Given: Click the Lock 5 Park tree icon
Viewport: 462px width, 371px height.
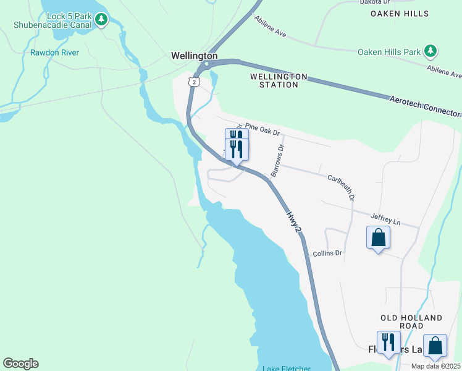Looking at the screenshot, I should [x=101, y=20].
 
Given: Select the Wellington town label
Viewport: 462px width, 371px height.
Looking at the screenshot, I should [x=194, y=56].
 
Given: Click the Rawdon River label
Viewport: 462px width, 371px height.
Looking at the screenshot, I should [x=54, y=53].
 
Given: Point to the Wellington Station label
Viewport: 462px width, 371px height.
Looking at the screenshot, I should [x=278, y=80].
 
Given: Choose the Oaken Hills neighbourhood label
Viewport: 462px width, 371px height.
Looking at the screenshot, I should [x=400, y=13].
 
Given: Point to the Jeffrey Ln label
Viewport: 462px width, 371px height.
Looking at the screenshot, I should [x=385, y=219].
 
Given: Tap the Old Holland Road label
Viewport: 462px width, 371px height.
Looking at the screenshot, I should [x=411, y=322].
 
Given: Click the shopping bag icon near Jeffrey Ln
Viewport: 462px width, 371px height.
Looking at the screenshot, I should [x=378, y=237].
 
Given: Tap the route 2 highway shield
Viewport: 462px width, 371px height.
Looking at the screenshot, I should [x=195, y=82].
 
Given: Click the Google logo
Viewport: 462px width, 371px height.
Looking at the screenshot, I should [x=20, y=364].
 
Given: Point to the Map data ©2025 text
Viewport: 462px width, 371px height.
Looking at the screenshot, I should [x=435, y=365].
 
